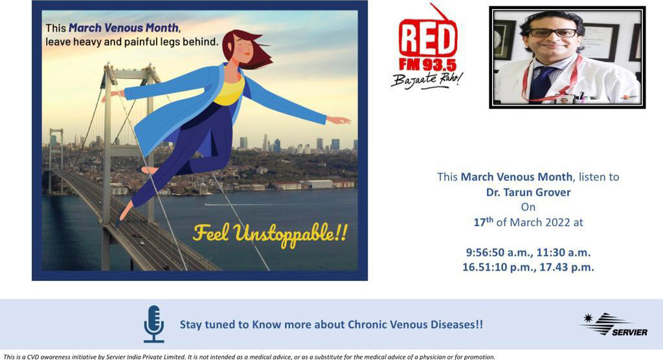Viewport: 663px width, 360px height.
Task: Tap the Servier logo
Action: pyautogui.click(x=614, y=324)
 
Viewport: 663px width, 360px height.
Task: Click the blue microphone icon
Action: pyautogui.click(x=153, y=324)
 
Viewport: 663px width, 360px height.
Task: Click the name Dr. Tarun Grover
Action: pyautogui.click(x=528, y=192)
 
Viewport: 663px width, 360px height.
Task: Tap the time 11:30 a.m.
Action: pyautogui.click(x=564, y=253)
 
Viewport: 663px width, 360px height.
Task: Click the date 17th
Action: pyautogui.click(x=483, y=221)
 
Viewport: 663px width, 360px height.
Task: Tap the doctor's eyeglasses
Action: pyautogui.click(x=554, y=32)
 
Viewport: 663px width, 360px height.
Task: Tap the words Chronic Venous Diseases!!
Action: pyautogui.click(x=415, y=324)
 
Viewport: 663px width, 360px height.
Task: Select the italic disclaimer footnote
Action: pyautogui.click(x=249, y=357)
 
